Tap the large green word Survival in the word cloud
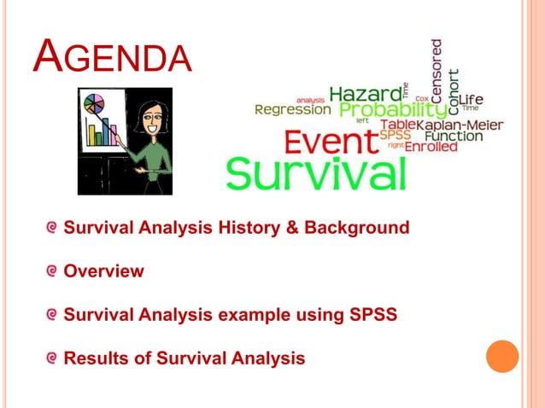pos(315,173)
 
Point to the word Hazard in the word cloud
pos(365,93)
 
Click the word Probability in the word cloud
pos(392,110)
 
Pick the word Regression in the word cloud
pos(292,110)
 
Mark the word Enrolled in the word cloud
pos(431,147)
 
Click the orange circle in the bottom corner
pos(502,356)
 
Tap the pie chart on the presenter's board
pos(94,107)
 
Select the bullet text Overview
pos(104,271)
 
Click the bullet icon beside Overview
pos(53,271)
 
